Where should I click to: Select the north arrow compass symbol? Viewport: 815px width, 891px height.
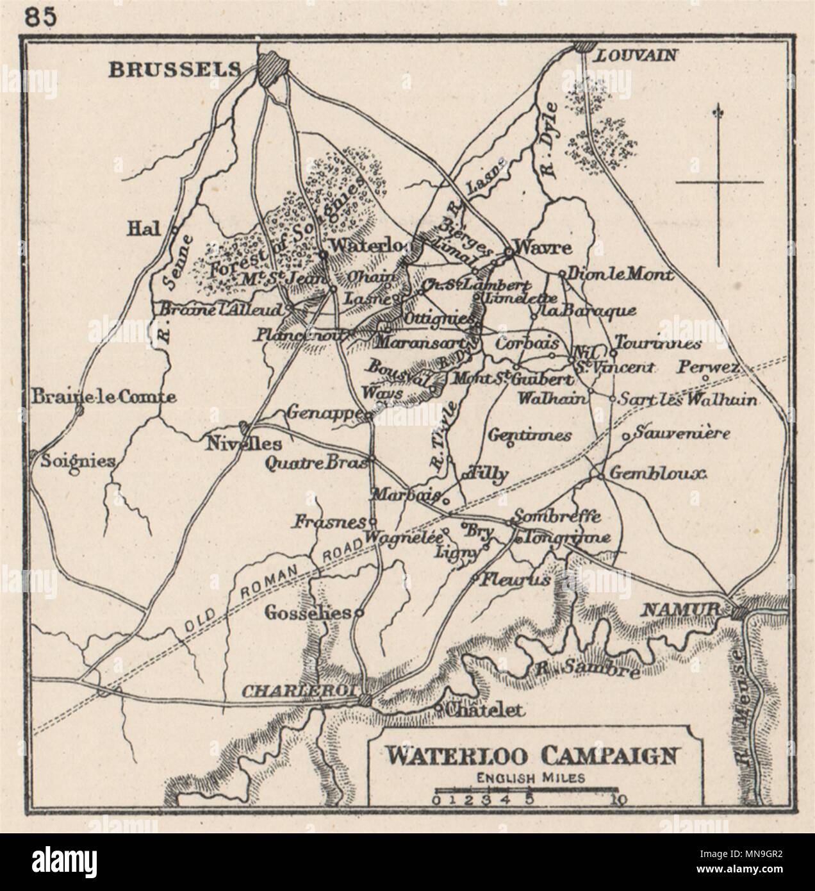(719, 183)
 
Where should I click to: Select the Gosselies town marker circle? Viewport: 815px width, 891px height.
(359, 612)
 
